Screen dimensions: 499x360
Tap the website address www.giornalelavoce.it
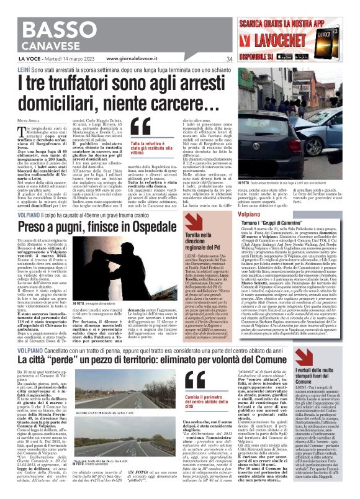click(135, 59)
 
